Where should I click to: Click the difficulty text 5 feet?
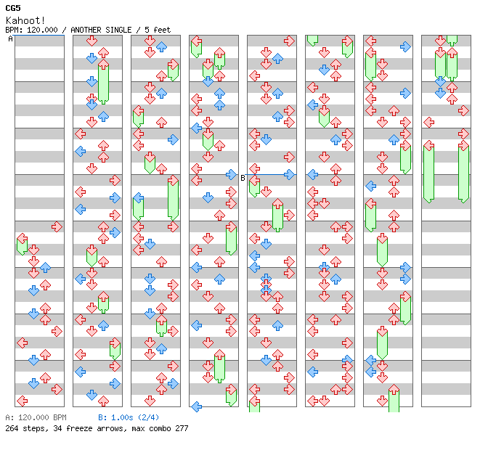157,30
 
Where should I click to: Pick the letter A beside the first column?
10,38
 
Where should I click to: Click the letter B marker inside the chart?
243,178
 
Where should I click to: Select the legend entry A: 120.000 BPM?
36,418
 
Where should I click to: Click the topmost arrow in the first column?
57,226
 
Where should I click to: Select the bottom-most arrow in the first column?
22,401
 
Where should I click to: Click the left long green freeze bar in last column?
428,173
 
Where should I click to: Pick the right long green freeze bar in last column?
463,173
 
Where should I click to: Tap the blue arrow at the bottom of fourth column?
196,406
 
